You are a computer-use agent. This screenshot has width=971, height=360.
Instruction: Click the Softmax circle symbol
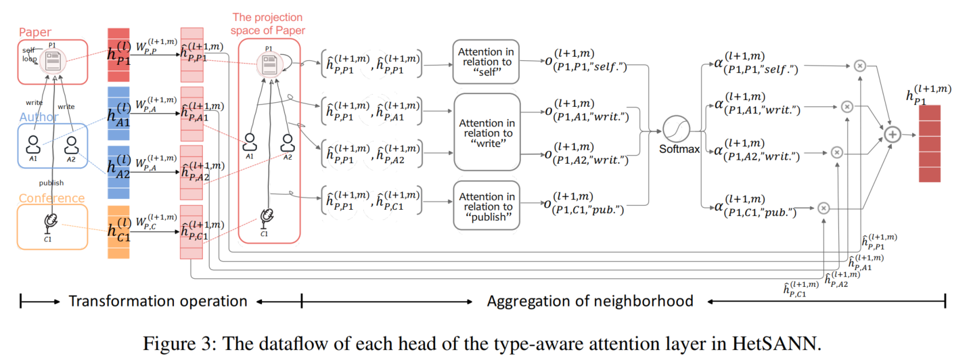point(678,129)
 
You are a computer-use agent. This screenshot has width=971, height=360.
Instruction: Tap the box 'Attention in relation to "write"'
point(487,133)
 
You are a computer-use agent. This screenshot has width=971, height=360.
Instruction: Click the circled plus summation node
point(893,135)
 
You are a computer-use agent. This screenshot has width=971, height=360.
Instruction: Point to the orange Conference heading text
point(51,198)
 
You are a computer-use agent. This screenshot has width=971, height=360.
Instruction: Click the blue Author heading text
point(39,117)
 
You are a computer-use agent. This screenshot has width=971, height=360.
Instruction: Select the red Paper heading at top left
point(35,32)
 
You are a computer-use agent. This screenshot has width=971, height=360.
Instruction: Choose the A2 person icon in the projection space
point(288,142)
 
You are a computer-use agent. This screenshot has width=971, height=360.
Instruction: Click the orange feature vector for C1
point(118,231)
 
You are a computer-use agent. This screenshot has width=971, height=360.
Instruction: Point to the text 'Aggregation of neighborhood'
point(589,300)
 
